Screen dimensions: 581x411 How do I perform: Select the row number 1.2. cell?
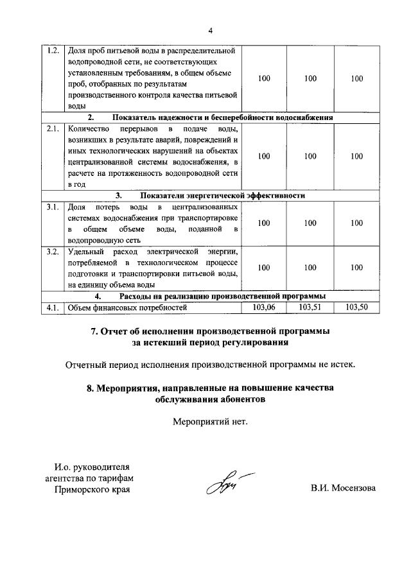click(53, 50)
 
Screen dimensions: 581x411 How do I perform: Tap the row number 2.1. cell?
click(53, 128)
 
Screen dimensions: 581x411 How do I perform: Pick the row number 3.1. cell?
click(53, 207)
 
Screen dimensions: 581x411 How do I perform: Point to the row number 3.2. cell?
click(53, 251)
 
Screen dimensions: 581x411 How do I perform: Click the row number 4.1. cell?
click(53, 308)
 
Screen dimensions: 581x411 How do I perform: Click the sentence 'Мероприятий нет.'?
click(209, 422)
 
